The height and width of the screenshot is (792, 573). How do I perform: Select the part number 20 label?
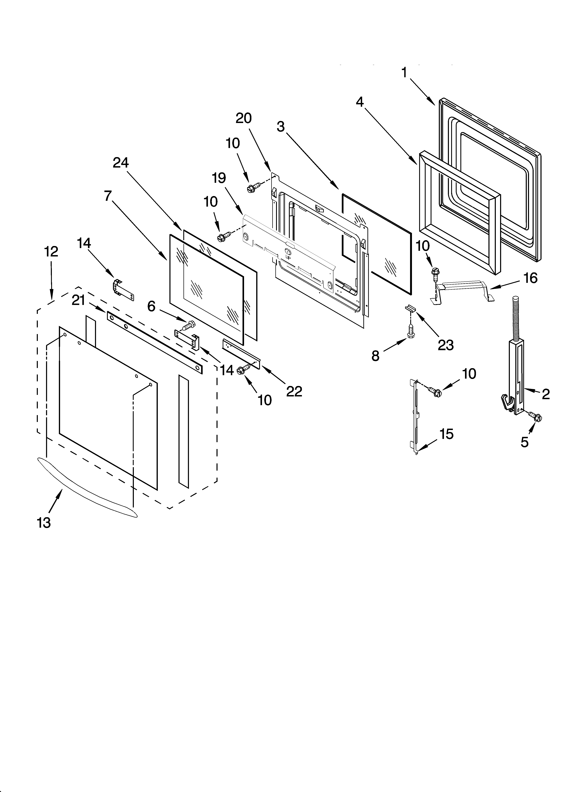pos(244,118)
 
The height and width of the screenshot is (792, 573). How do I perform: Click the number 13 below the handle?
pos(44,523)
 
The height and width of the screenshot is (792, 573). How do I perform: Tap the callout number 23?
pos(446,345)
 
